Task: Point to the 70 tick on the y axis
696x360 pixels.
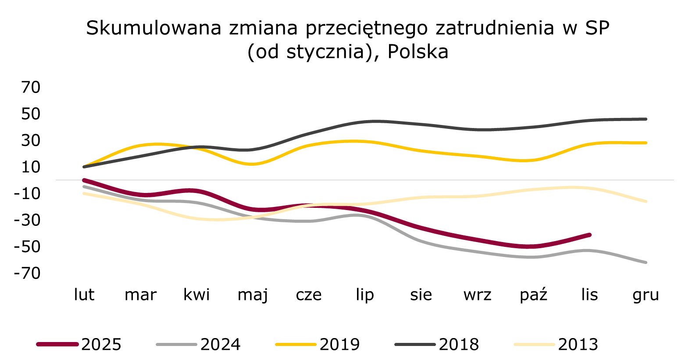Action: [31, 87]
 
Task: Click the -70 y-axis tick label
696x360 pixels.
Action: [27, 273]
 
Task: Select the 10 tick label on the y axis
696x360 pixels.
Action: [31, 167]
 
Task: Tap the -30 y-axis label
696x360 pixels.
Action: [27, 220]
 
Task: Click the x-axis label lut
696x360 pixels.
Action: [84, 295]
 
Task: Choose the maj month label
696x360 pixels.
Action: [253, 295]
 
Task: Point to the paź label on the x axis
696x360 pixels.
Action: [533, 295]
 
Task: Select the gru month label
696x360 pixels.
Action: [646, 295]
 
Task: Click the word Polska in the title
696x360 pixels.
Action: [418, 52]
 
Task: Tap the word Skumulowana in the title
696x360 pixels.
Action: [153, 28]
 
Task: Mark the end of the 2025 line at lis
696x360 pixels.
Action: [589, 235]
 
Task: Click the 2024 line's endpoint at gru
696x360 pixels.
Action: [646, 263]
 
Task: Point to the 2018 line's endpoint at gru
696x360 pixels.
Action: [646, 119]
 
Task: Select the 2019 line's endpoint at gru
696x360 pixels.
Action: [646, 143]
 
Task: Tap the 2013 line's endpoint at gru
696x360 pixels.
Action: [646, 202]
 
